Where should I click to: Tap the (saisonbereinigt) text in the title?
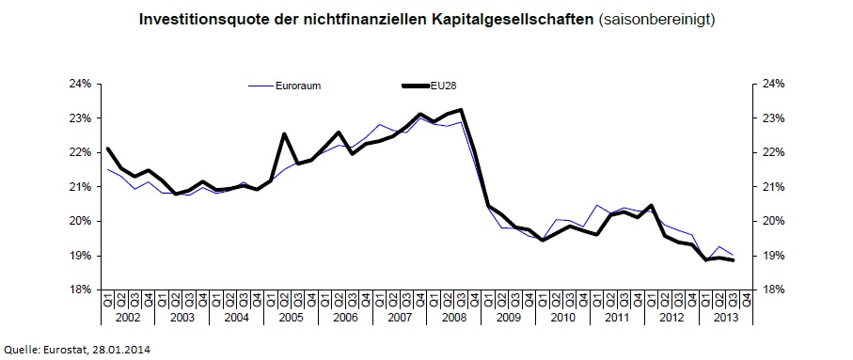(x=656, y=18)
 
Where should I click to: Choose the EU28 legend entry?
(x=448, y=86)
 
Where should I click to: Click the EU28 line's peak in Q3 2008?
(x=461, y=110)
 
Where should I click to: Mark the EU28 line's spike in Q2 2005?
(x=284, y=134)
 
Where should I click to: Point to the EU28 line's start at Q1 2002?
(x=108, y=149)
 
